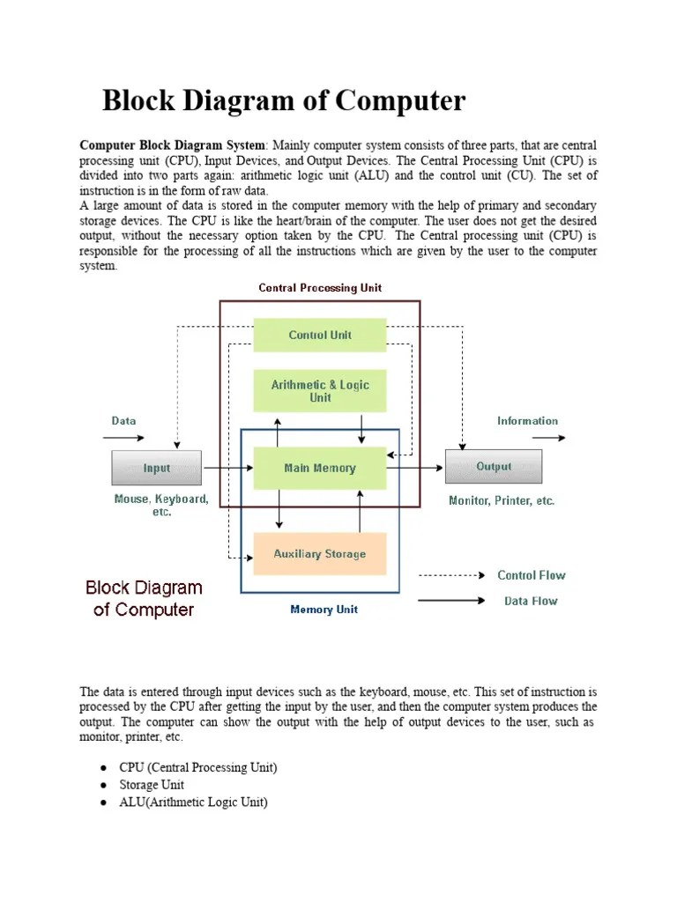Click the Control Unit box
320,335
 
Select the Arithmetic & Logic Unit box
320,391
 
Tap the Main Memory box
320,468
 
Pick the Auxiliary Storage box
320,554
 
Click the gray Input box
157,468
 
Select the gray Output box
494,467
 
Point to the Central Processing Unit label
320,288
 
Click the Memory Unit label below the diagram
324,610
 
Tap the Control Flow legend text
532,575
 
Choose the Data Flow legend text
531,601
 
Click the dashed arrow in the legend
451,575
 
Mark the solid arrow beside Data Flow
451,601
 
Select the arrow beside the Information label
549,437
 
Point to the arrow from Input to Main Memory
227,468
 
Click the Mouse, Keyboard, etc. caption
161,505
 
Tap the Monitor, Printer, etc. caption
502,500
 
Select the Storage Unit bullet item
152,785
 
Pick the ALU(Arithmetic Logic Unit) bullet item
193,802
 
